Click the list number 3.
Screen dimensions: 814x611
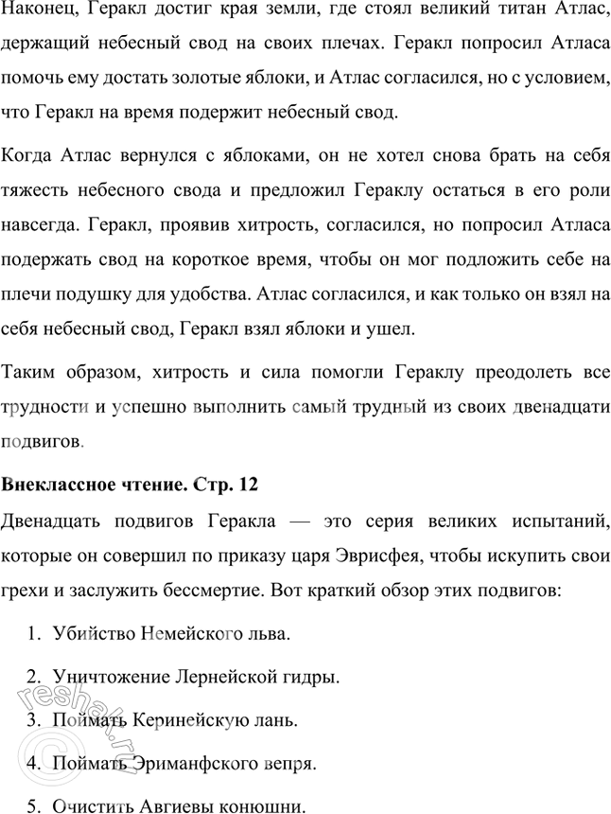(32, 720)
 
